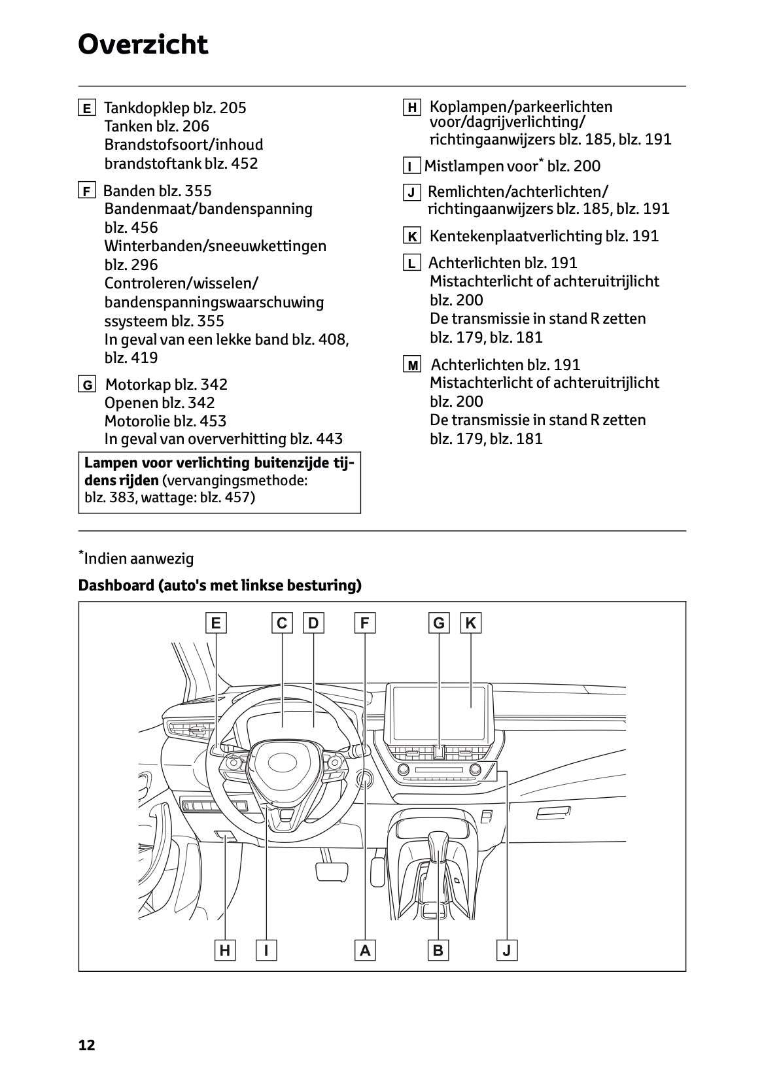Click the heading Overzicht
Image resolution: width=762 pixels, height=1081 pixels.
143,45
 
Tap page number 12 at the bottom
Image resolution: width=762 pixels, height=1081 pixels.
86,1045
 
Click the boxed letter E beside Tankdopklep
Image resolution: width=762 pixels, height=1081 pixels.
86,108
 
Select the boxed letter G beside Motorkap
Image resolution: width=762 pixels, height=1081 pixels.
86,385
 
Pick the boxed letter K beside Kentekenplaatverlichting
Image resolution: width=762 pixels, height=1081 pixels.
412,237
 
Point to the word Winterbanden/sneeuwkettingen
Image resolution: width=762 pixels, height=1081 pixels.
215,247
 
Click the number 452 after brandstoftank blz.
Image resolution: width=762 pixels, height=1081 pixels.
244,163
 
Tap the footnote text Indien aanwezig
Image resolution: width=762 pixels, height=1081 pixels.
139,559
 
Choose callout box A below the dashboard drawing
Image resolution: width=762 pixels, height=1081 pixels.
365,950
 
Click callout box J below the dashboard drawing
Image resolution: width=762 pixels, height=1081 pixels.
507,950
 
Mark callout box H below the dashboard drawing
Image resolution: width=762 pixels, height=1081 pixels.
224,950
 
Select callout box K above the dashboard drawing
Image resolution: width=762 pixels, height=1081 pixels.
470,623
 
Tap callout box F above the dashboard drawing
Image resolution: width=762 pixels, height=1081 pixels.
364,623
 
